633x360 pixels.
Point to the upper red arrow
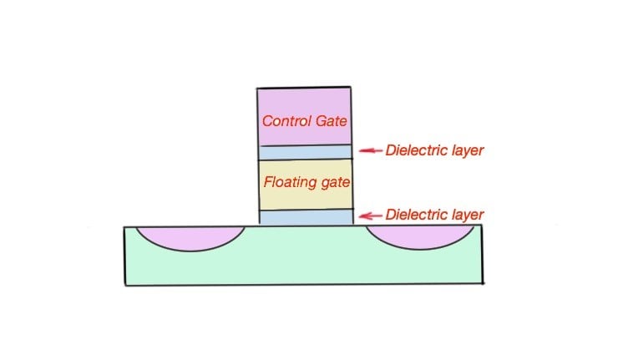click(370, 150)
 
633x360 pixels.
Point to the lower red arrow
click(370, 215)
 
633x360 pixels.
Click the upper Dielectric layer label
click(434, 150)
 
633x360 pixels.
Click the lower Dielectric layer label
click(434, 215)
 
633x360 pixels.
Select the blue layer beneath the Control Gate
click(304, 153)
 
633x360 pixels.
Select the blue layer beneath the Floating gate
click(306, 217)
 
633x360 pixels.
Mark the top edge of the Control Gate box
click(304, 87)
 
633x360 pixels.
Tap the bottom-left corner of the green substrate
click(126, 285)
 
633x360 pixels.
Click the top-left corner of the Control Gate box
click(257, 88)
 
